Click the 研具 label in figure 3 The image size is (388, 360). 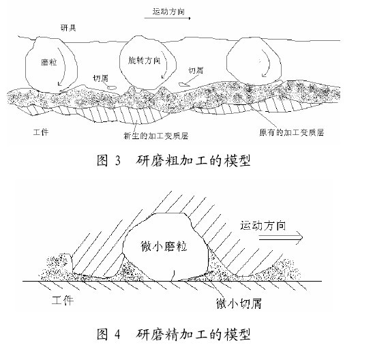tap(68, 27)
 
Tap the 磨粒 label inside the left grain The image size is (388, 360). tap(48, 62)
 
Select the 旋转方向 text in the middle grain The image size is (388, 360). tap(145, 61)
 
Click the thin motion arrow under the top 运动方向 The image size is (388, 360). tap(168, 18)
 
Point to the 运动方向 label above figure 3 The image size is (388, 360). tap(168, 12)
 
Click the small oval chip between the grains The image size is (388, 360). tap(112, 87)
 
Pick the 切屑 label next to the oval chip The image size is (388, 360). tap(100, 78)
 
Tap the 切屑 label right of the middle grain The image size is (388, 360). tap(196, 70)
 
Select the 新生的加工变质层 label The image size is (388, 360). tap(156, 136)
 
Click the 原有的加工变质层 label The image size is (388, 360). tap(291, 132)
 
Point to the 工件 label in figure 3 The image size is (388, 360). tap(41, 132)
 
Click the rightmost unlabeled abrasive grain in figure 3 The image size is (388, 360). tap(254, 61)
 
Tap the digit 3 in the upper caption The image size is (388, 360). tap(118, 160)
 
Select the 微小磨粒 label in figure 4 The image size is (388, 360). tap(164, 246)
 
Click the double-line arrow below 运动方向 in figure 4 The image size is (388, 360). tap(281, 237)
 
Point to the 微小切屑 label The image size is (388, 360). tap(239, 303)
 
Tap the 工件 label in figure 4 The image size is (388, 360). tap(63, 300)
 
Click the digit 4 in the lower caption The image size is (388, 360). tap(118, 334)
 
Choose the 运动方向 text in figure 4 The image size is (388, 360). tap(263, 226)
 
